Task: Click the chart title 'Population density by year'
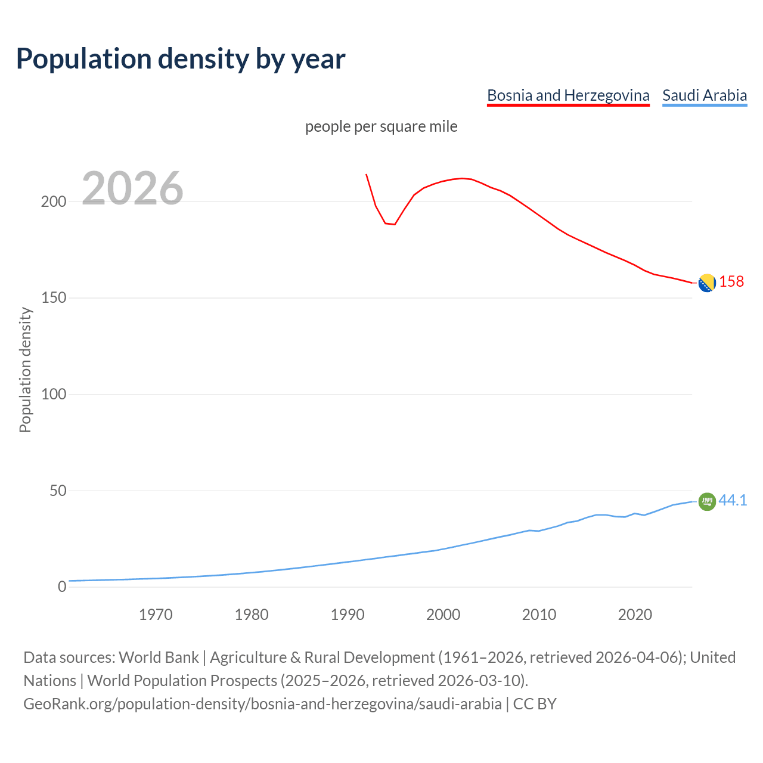coord(181,58)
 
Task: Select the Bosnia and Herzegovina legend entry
coord(568,95)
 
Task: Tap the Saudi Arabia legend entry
coord(705,95)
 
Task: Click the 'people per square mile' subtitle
coord(381,126)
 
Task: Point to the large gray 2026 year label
coord(132,188)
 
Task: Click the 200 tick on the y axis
coord(54,201)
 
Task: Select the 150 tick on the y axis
coord(54,298)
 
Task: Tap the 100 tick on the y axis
coord(54,394)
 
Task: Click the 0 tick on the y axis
coord(62,587)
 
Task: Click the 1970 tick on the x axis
coord(156,615)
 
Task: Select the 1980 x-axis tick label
coord(252,615)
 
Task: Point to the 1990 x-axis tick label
coord(348,615)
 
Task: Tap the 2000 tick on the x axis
coord(443,615)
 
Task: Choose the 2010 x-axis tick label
coord(539,615)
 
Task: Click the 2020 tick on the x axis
coord(635,615)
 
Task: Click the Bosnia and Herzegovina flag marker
coord(707,283)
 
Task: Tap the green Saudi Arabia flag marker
coord(707,502)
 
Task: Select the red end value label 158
coord(731,281)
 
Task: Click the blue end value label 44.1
coord(733,500)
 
